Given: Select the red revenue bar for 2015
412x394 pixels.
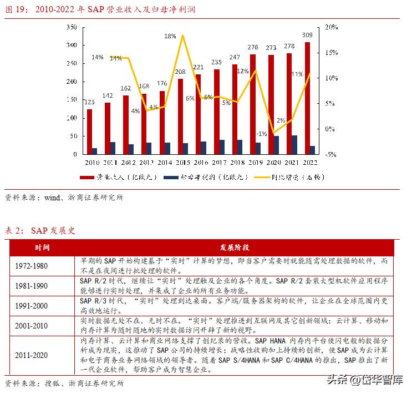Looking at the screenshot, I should (180, 116).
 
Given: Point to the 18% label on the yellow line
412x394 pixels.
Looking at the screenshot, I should (170, 36).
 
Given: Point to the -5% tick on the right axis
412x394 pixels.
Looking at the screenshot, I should (332, 154).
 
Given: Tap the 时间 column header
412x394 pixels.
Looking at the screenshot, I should (41, 247).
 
